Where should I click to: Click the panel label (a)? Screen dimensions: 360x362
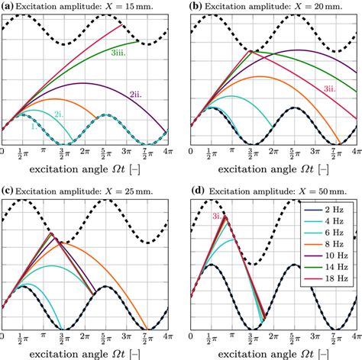point(8,6)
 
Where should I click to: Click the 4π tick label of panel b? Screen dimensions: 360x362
point(354,153)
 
